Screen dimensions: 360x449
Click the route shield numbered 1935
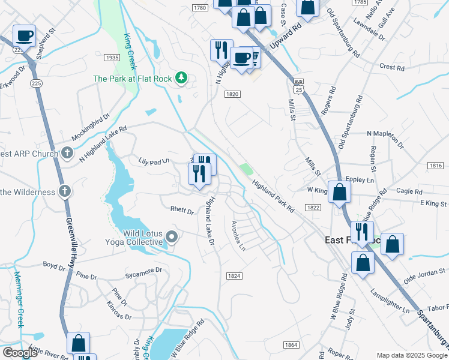click(x=111, y=58)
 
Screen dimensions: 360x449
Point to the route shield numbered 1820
click(x=233, y=94)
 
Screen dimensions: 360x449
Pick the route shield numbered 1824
click(x=234, y=275)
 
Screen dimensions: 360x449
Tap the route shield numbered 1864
click(x=291, y=344)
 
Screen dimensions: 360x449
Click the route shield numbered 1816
click(x=436, y=166)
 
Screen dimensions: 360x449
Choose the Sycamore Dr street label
click(x=143, y=272)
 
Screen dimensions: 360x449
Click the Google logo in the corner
click(x=19, y=353)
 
